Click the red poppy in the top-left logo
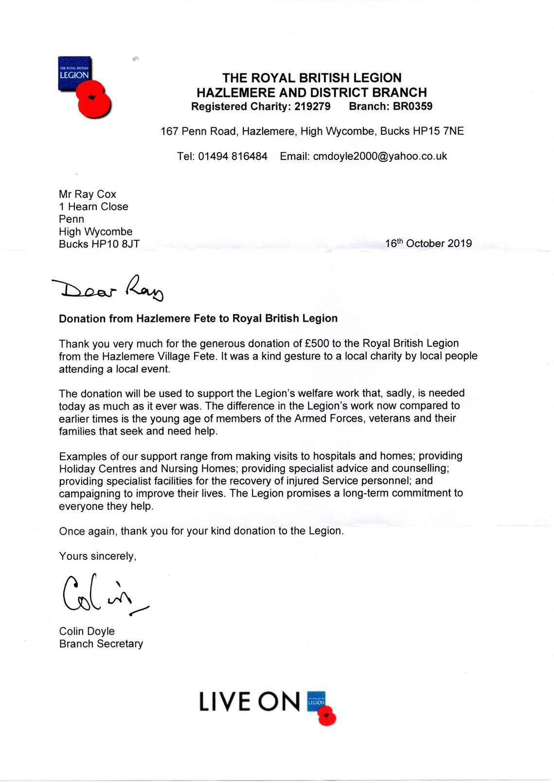click(93, 100)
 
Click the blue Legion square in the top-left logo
click(74, 73)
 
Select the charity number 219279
click(312, 107)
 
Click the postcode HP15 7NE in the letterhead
click(443, 131)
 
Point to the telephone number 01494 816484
click(232, 156)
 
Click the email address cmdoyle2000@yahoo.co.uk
click(380, 156)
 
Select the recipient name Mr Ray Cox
click(88, 194)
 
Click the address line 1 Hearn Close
click(93, 207)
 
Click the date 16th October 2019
click(428, 243)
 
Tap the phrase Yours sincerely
click(97, 556)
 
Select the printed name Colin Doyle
click(87, 631)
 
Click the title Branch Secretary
click(101, 644)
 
